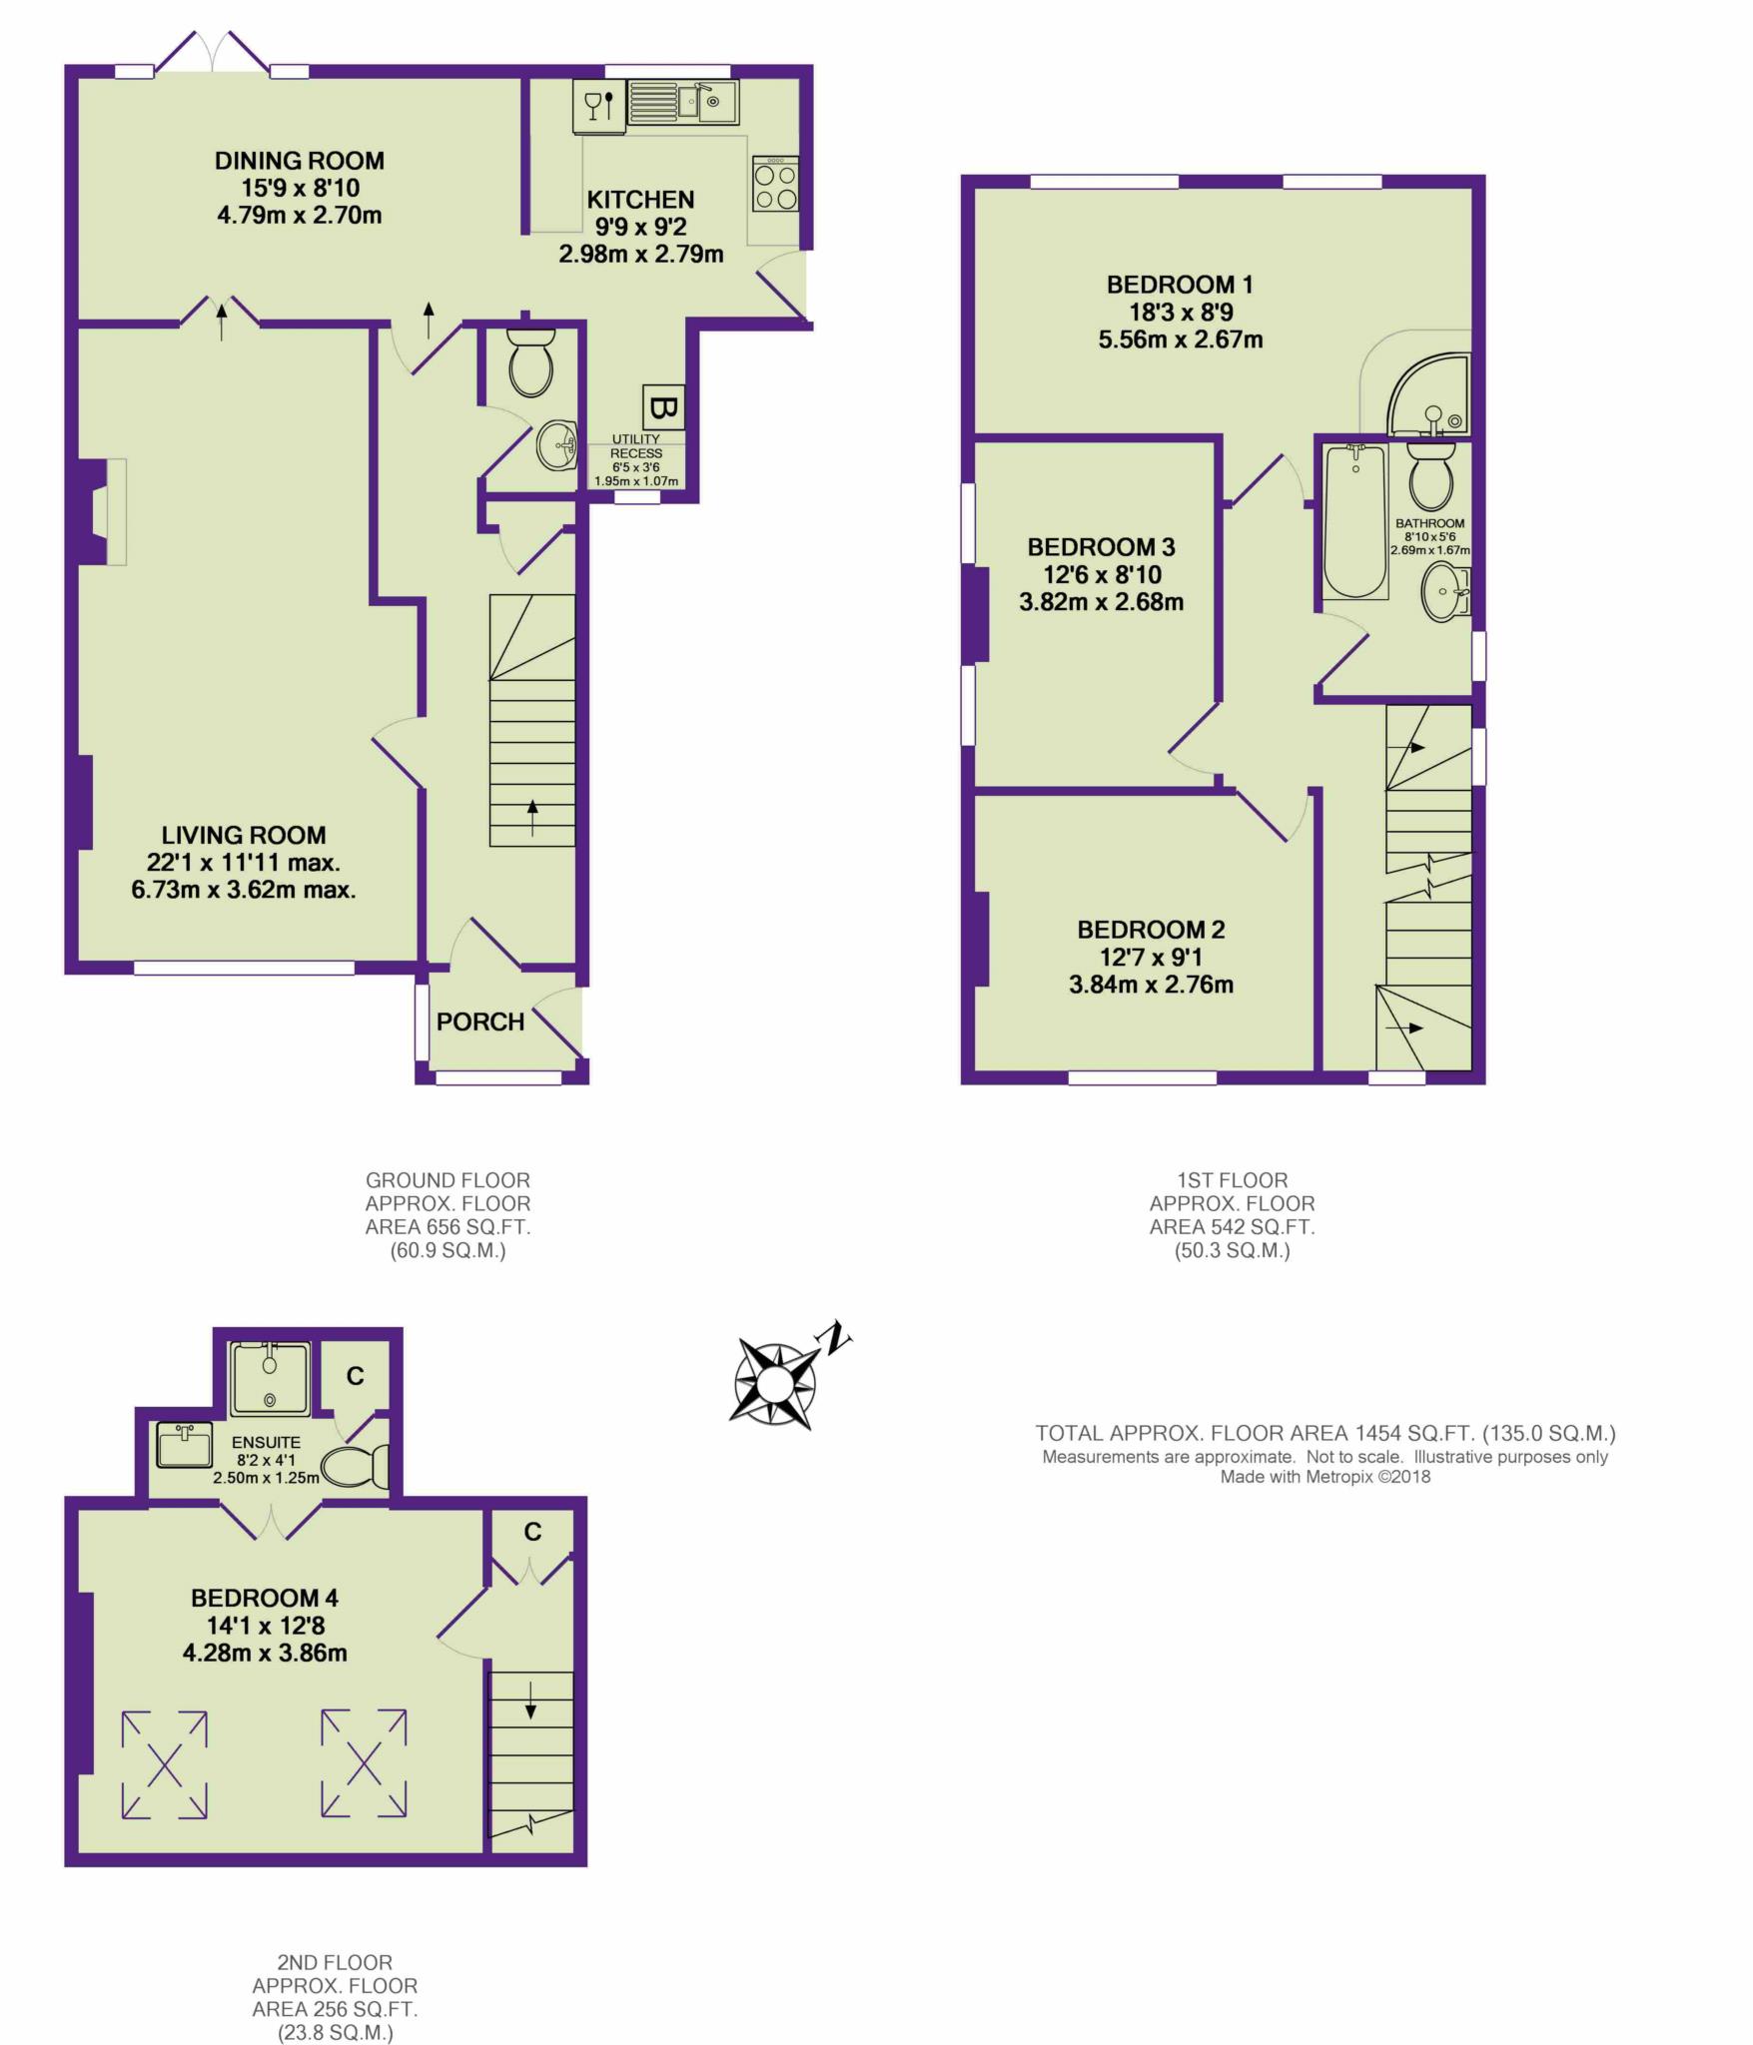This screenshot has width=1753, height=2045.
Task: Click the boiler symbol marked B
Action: pos(664,407)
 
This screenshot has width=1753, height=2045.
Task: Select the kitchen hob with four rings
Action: pos(775,184)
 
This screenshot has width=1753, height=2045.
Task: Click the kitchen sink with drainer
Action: pos(683,103)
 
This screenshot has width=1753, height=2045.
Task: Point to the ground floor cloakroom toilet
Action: pos(530,362)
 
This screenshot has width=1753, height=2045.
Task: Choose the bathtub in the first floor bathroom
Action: pos(1355,522)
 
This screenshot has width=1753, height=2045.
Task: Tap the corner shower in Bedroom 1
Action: pos(1429,393)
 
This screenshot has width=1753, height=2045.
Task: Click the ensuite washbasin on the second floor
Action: pos(185,1445)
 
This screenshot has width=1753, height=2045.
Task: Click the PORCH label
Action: pos(480,1022)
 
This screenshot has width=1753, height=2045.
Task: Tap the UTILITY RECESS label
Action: pos(636,446)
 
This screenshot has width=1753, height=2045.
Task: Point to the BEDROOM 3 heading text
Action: pos(1101,547)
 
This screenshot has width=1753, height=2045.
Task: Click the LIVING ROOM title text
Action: pos(244,835)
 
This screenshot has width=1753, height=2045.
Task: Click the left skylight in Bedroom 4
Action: pos(165,1764)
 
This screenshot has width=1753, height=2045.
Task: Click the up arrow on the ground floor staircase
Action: pos(532,818)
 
